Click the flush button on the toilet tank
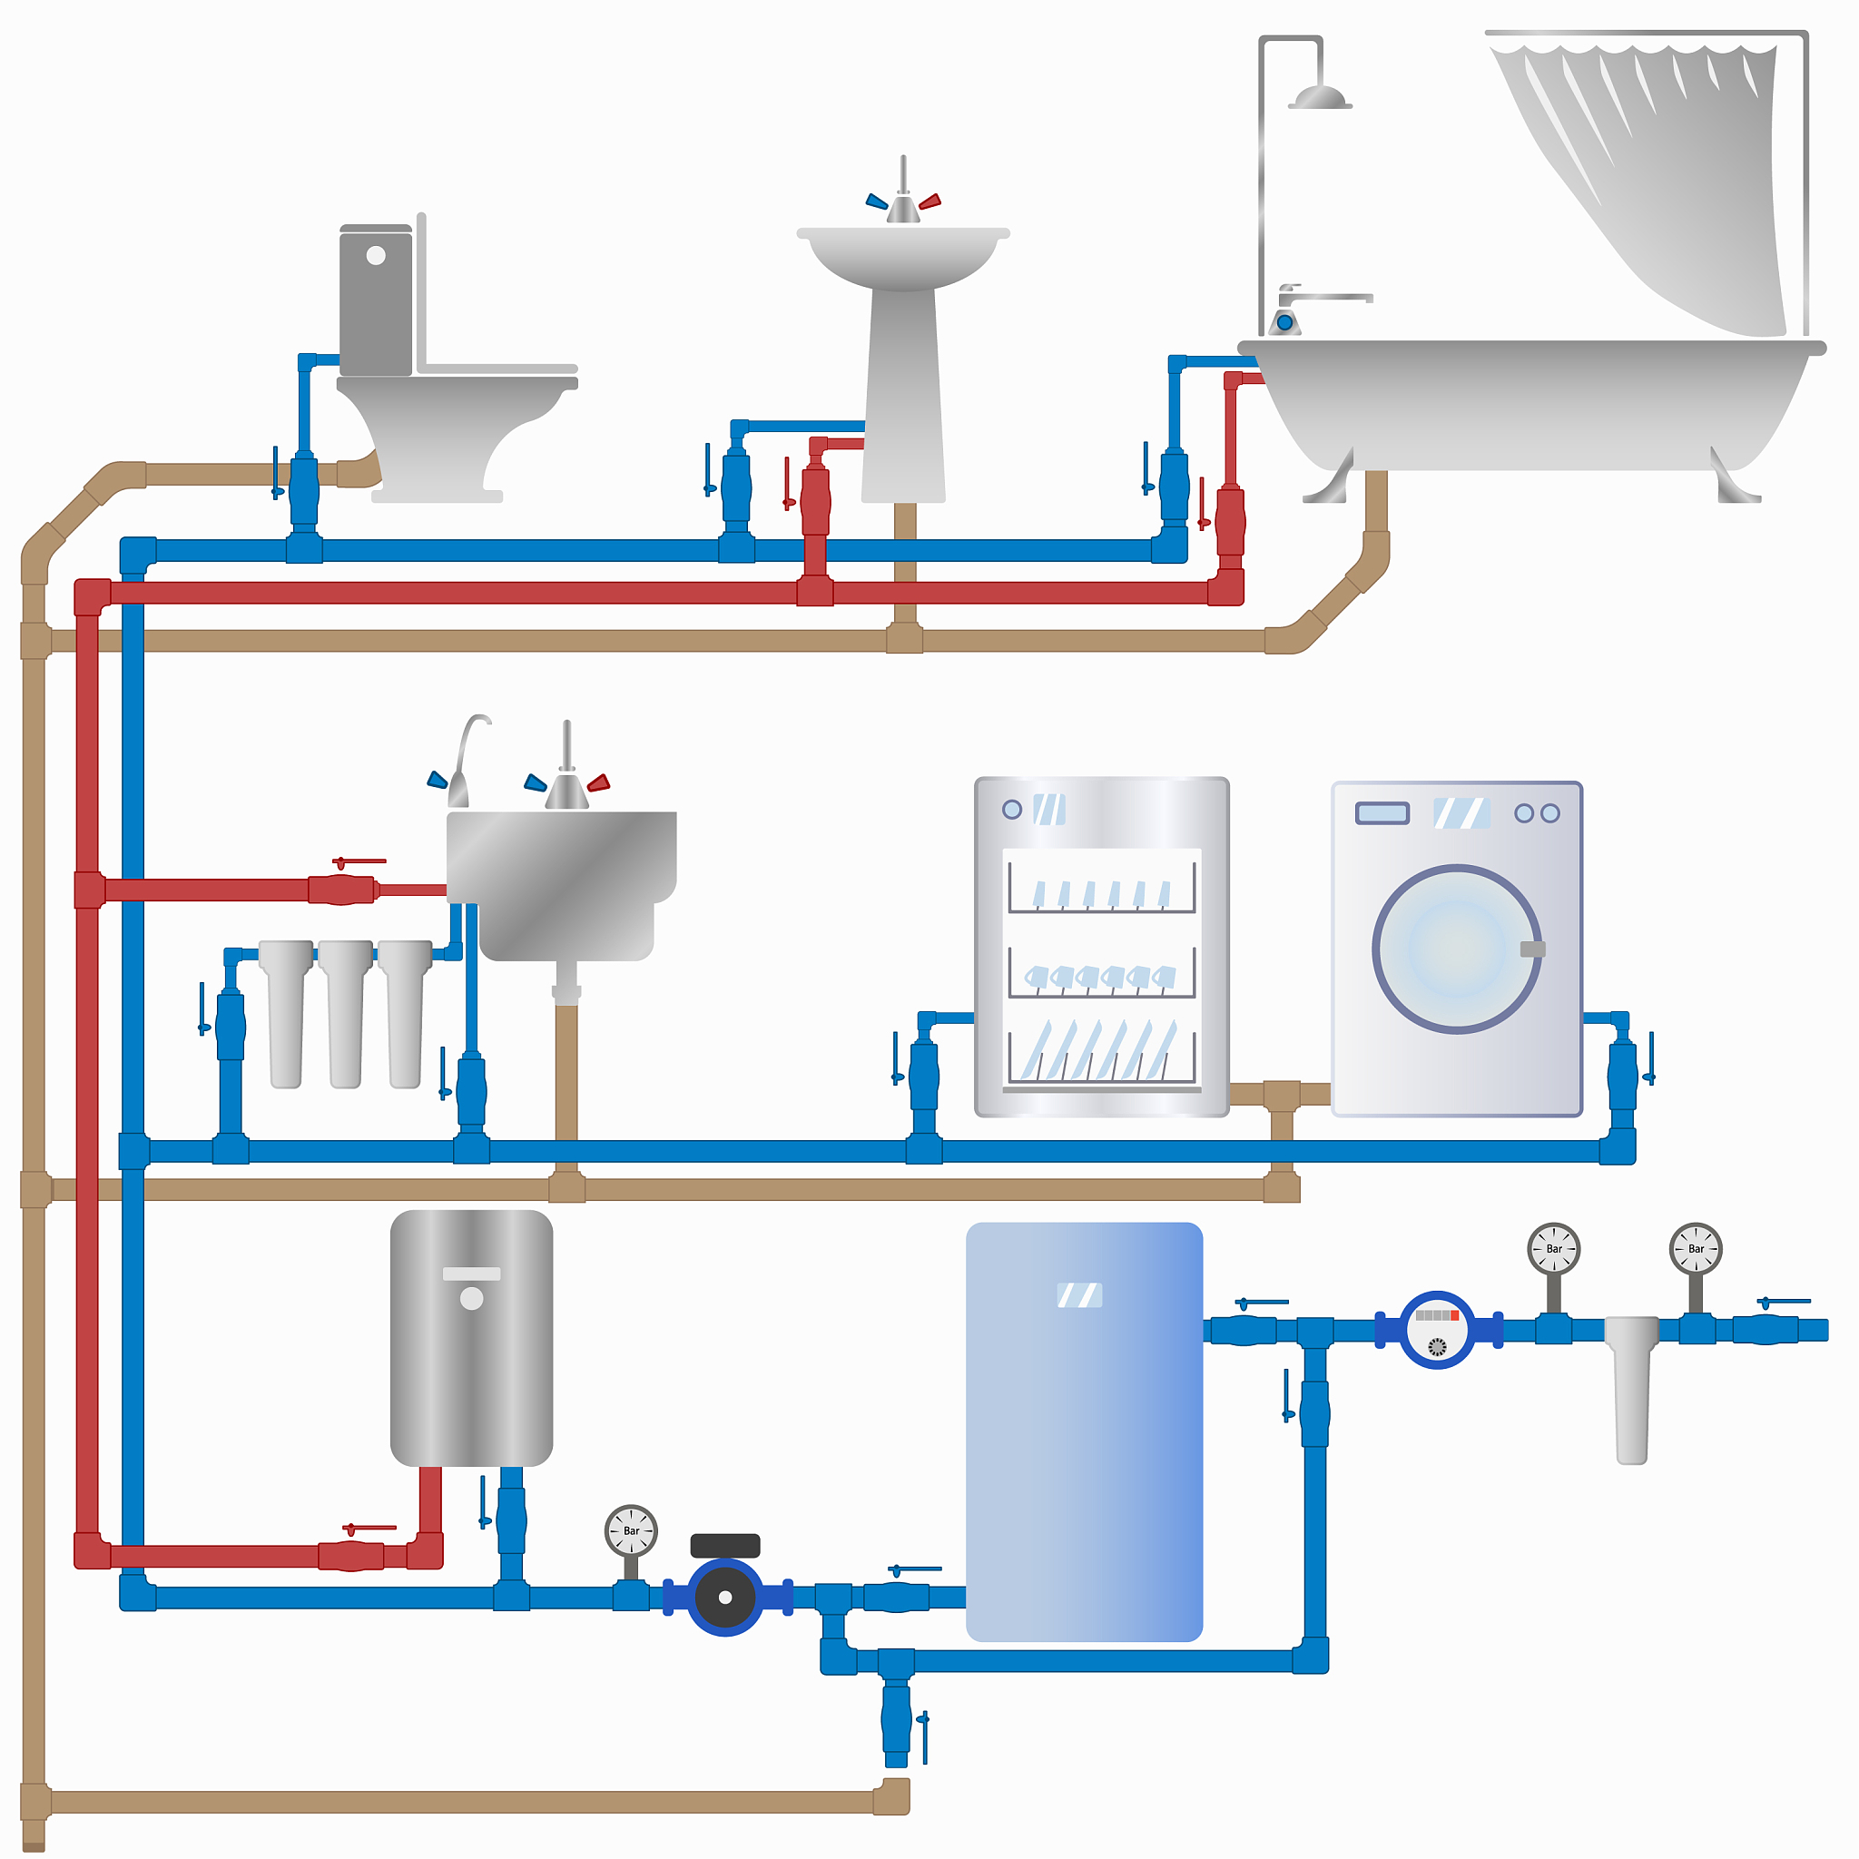pos(375,256)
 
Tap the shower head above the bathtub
pos(1319,97)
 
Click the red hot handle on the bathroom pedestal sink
pos(929,202)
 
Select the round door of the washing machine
pos(1456,949)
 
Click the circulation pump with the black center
pos(724,1598)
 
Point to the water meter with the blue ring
pos(1436,1330)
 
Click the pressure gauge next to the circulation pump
pos(630,1529)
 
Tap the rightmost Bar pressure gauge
pos(1695,1249)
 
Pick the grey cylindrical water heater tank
pos(471,1337)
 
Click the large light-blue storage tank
pos(1084,1431)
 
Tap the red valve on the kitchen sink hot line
pos(342,888)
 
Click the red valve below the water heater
pos(351,1555)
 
